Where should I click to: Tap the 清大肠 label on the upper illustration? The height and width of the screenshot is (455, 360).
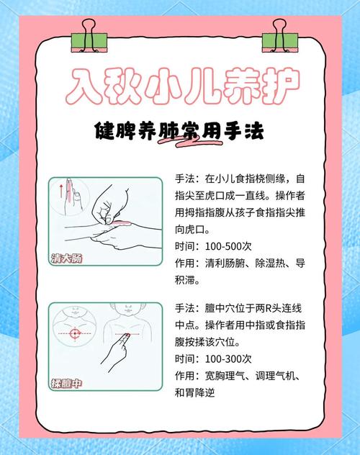pyautogui.click(x=67, y=258)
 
